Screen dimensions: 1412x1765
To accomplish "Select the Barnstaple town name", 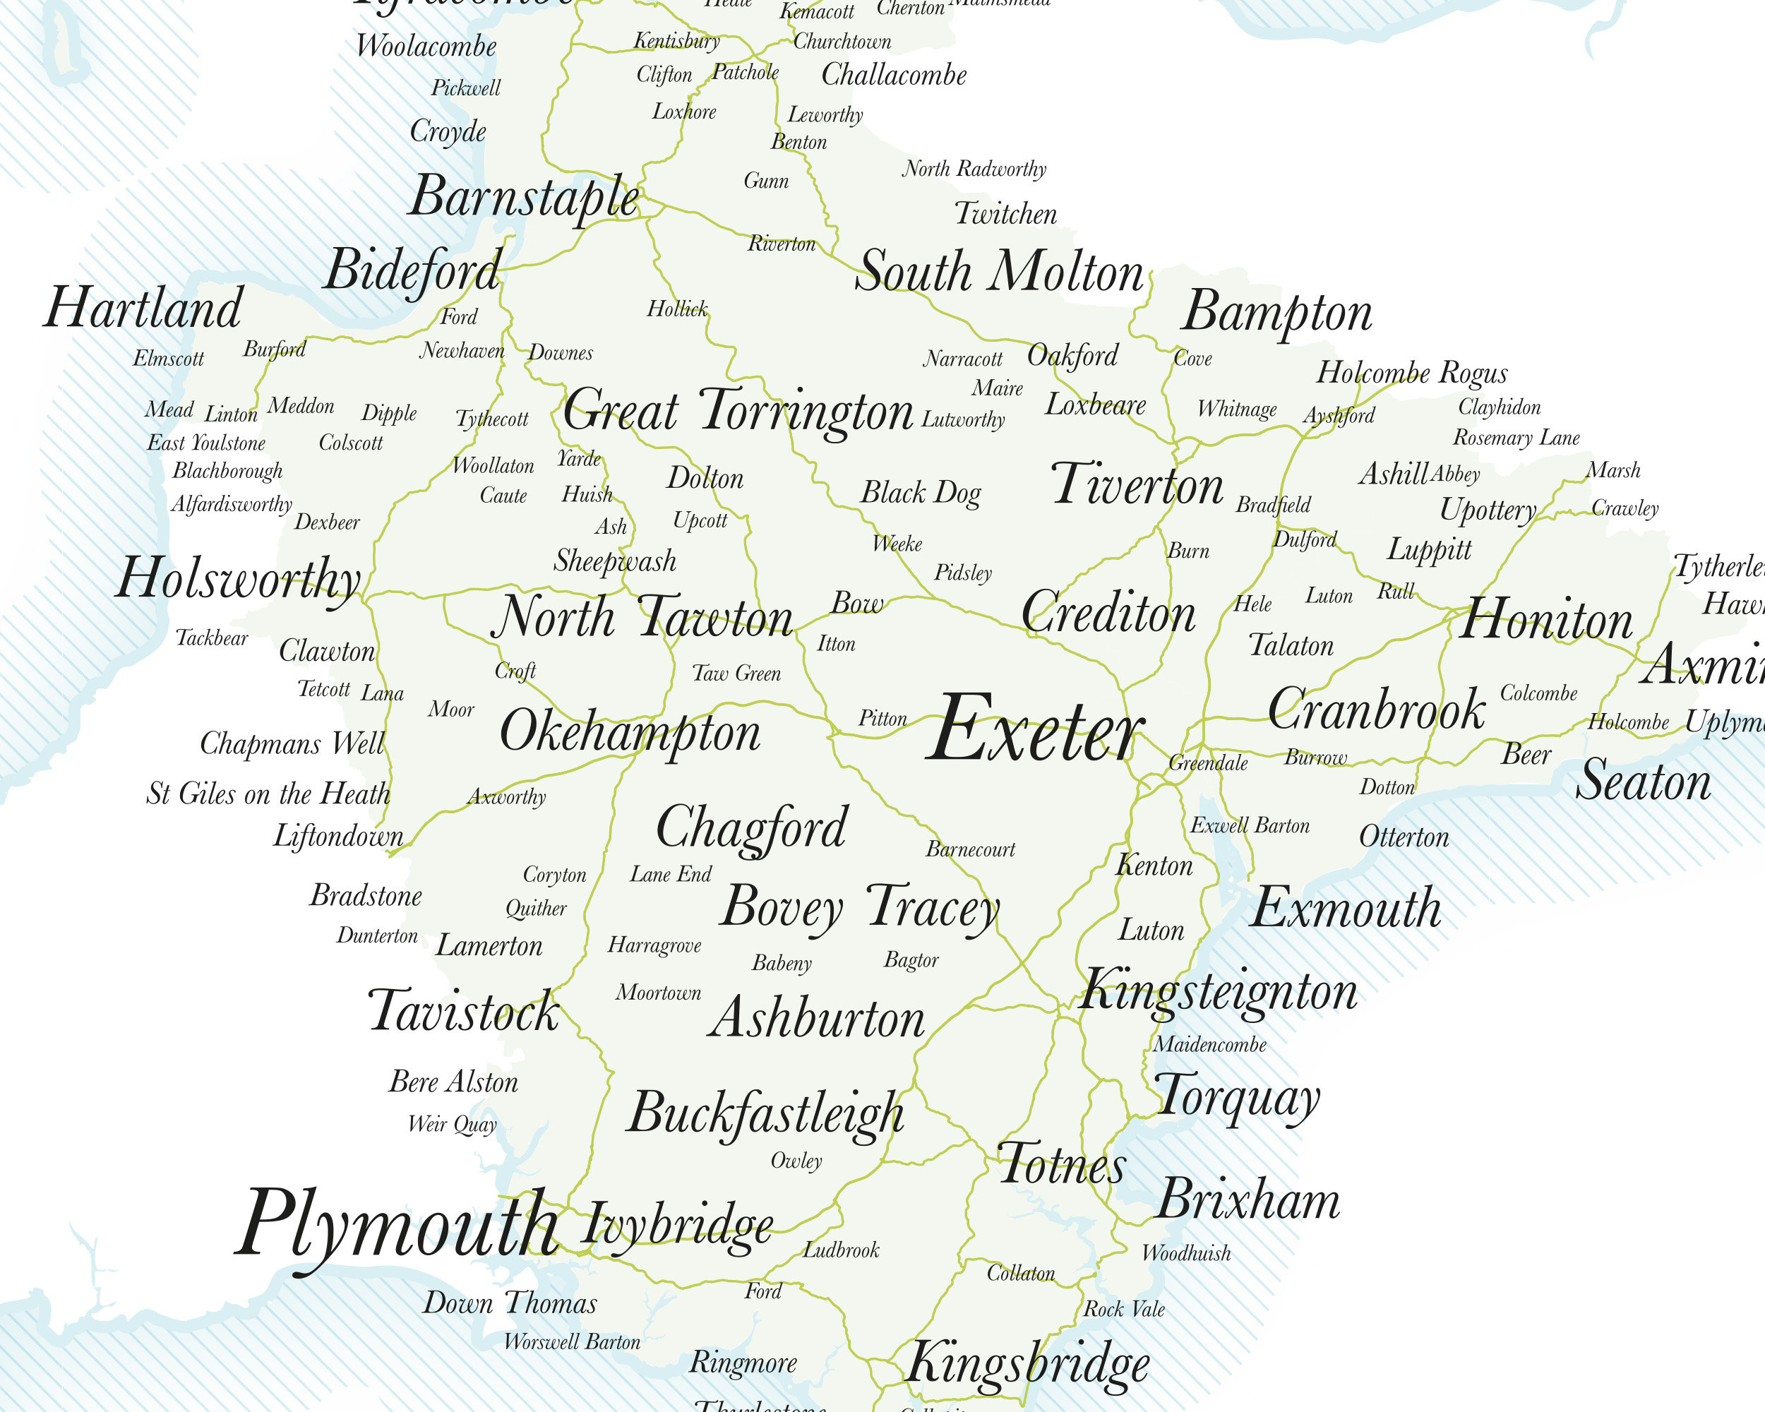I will [524, 197].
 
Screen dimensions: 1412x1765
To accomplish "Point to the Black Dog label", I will [920, 493].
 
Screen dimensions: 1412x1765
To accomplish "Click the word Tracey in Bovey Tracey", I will [933, 908].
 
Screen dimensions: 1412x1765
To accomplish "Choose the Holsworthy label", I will [237, 579].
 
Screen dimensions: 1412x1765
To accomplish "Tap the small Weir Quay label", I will [452, 1124].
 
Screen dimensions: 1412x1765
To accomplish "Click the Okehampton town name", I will [630, 731].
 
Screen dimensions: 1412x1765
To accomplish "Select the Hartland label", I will [143, 308].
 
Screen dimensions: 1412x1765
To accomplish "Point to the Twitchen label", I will [1005, 215].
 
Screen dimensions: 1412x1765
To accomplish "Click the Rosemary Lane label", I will [1516, 438].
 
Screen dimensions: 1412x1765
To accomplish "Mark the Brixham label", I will [1248, 1200].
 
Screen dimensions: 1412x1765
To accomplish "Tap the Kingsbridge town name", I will [1027, 1363].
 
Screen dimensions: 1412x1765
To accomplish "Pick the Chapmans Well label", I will [292, 744].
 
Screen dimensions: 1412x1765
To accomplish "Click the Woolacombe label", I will [426, 46].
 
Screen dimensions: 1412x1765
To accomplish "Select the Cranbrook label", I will [1376, 710].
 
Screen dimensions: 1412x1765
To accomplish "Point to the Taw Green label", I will [736, 674].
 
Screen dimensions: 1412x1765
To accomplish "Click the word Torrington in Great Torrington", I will [806, 411].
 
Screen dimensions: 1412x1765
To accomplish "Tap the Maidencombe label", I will [1209, 1044].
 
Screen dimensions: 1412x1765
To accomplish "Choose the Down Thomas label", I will [509, 1303].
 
